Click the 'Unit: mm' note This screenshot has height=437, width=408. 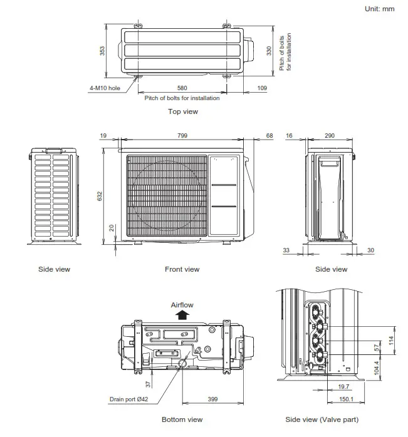pyautogui.click(x=379, y=9)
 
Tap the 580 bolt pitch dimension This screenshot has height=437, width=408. pyautogui.click(x=182, y=88)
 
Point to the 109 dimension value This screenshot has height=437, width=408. pyautogui.click(x=262, y=88)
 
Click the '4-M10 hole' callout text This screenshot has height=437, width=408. pyautogui.click(x=105, y=88)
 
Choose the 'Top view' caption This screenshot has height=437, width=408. pyautogui.click(x=182, y=111)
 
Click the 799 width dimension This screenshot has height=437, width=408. pyautogui.click(x=182, y=135)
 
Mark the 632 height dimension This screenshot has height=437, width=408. pyautogui.click(x=99, y=196)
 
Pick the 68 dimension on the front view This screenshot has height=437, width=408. pyautogui.click(x=269, y=135)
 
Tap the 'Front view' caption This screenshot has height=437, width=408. pyautogui.click(x=182, y=269)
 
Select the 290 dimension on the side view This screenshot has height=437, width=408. pyautogui.click(x=330, y=135)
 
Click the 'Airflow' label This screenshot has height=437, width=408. pyautogui.click(x=182, y=305)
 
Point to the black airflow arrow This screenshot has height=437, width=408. pyautogui.click(x=182, y=315)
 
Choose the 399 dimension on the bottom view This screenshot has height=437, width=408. pyautogui.click(x=213, y=398)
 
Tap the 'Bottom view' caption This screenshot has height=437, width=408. pyautogui.click(x=182, y=419)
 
